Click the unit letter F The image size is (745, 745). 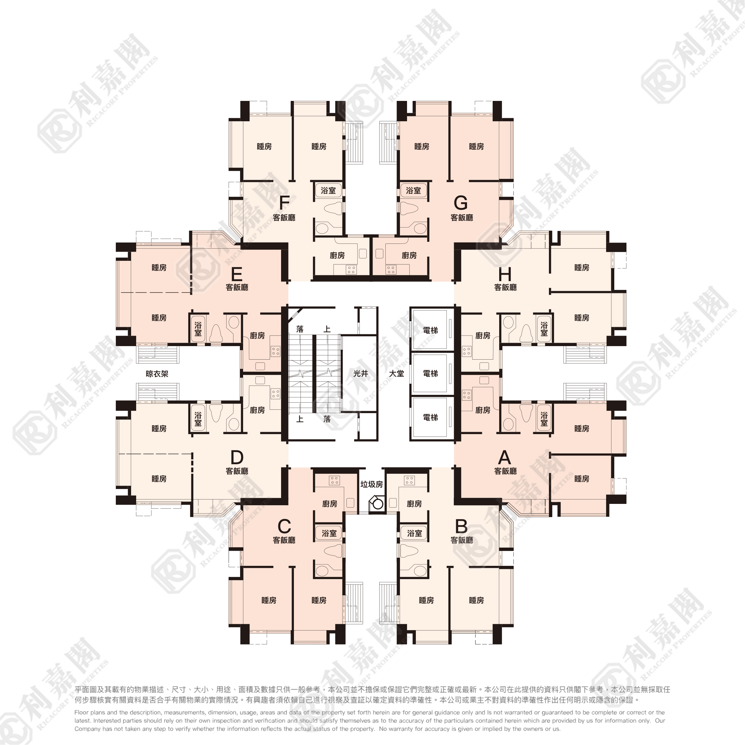(284, 202)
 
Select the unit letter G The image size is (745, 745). (461, 202)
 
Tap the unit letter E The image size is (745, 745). (236, 274)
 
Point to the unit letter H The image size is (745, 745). (505, 274)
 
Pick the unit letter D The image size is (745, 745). (237, 457)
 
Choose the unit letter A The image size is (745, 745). (504, 457)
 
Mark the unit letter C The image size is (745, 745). (284, 526)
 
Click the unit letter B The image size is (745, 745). (461, 526)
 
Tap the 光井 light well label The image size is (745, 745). (361, 373)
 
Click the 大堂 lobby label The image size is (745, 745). (397, 373)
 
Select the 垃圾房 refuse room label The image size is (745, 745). (372, 484)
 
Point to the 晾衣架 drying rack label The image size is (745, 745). (157, 374)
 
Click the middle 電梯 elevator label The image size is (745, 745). (430, 373)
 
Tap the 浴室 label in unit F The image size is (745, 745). (328, 191)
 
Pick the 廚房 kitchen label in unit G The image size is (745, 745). (409, 255)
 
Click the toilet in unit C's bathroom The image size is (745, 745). (333, 550)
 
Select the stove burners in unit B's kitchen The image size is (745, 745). (409, 480)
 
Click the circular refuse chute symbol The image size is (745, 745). (377, 504)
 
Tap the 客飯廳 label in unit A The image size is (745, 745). (506, 471)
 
